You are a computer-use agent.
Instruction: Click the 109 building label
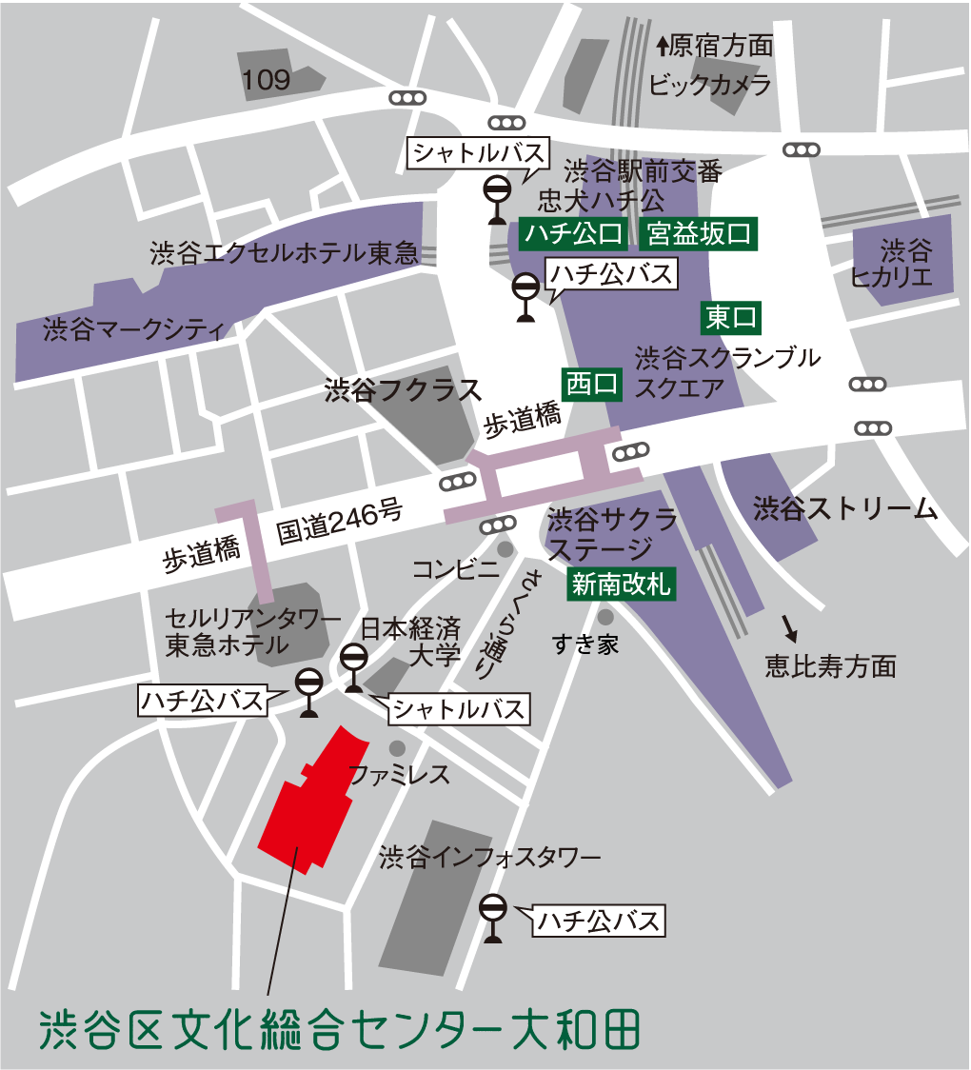pos(267,81)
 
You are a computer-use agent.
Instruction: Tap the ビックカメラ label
pos(709,86)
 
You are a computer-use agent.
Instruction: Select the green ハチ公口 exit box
pos(571,234)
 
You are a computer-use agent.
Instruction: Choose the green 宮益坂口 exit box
pos(699,234)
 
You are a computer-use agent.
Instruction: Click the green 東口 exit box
pos(731,317)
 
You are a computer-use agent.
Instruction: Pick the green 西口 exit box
pos(592,384)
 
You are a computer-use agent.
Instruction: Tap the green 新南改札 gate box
pos(620,585)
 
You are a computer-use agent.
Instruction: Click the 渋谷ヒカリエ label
pos(903,265)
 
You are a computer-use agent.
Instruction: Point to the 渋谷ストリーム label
pos(845,509)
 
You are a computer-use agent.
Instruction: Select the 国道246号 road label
pos(340,522)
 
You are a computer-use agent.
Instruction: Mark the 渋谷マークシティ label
pos(132,330)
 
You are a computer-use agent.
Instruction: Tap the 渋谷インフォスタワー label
pos(489,858)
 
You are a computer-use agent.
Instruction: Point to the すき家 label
pos(585,644)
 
